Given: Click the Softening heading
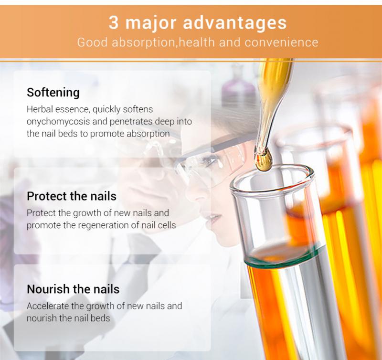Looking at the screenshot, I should tap(53, 92).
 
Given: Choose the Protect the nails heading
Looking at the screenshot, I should tap(72, 196).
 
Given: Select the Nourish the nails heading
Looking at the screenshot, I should tap(73, 289).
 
